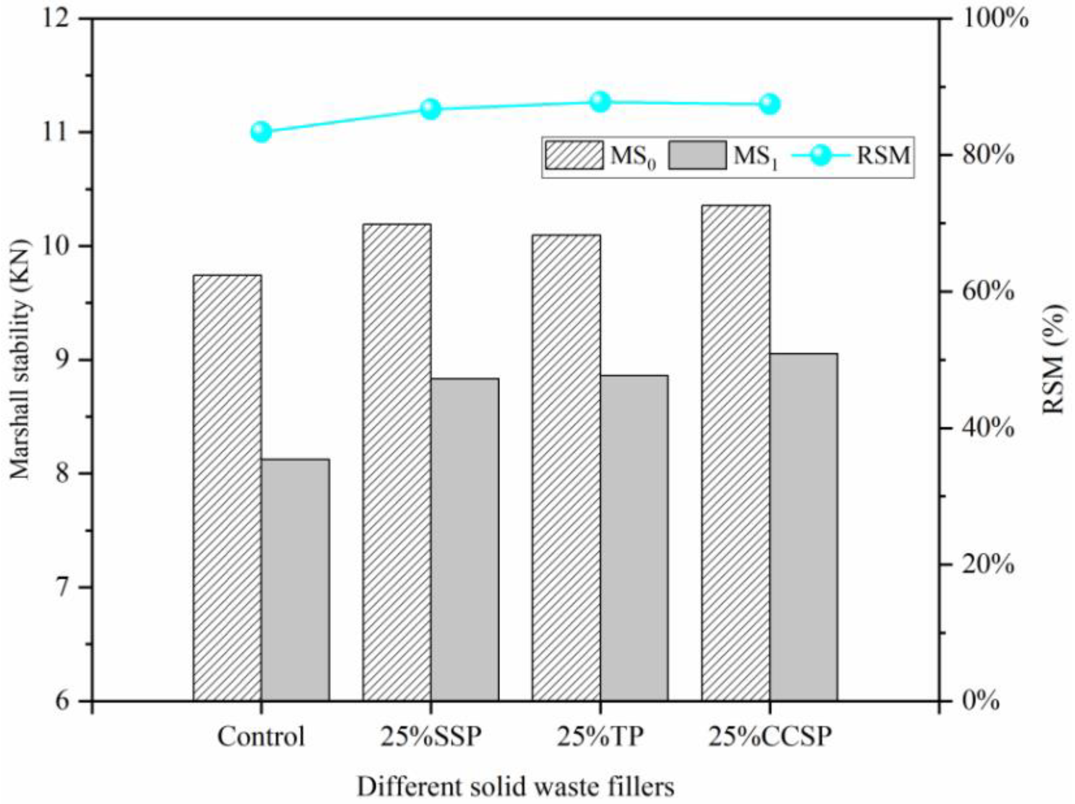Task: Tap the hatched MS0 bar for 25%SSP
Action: [x=397, y=462]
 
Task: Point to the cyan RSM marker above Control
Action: [x=261, y=132]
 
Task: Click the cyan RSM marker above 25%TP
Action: [x=600, y=102]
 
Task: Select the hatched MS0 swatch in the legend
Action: [x=574, y=155]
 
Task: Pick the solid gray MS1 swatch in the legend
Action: [x=697, y=155]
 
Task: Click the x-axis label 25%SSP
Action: [x=430, y=737]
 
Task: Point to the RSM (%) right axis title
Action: [x=1054, y=360]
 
